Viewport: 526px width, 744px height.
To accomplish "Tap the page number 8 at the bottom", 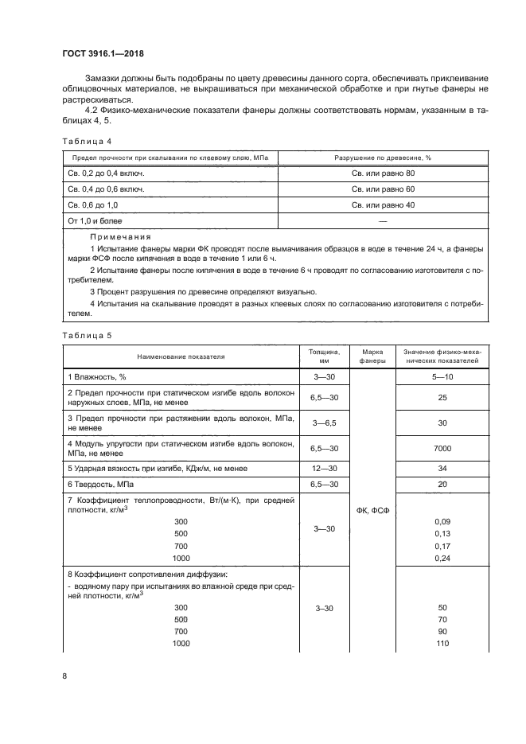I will click(x=64, y=676).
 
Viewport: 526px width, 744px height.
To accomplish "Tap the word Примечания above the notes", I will click(x=119, y=238).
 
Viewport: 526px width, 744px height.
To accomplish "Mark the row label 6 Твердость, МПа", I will click(x=103, y=485).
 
